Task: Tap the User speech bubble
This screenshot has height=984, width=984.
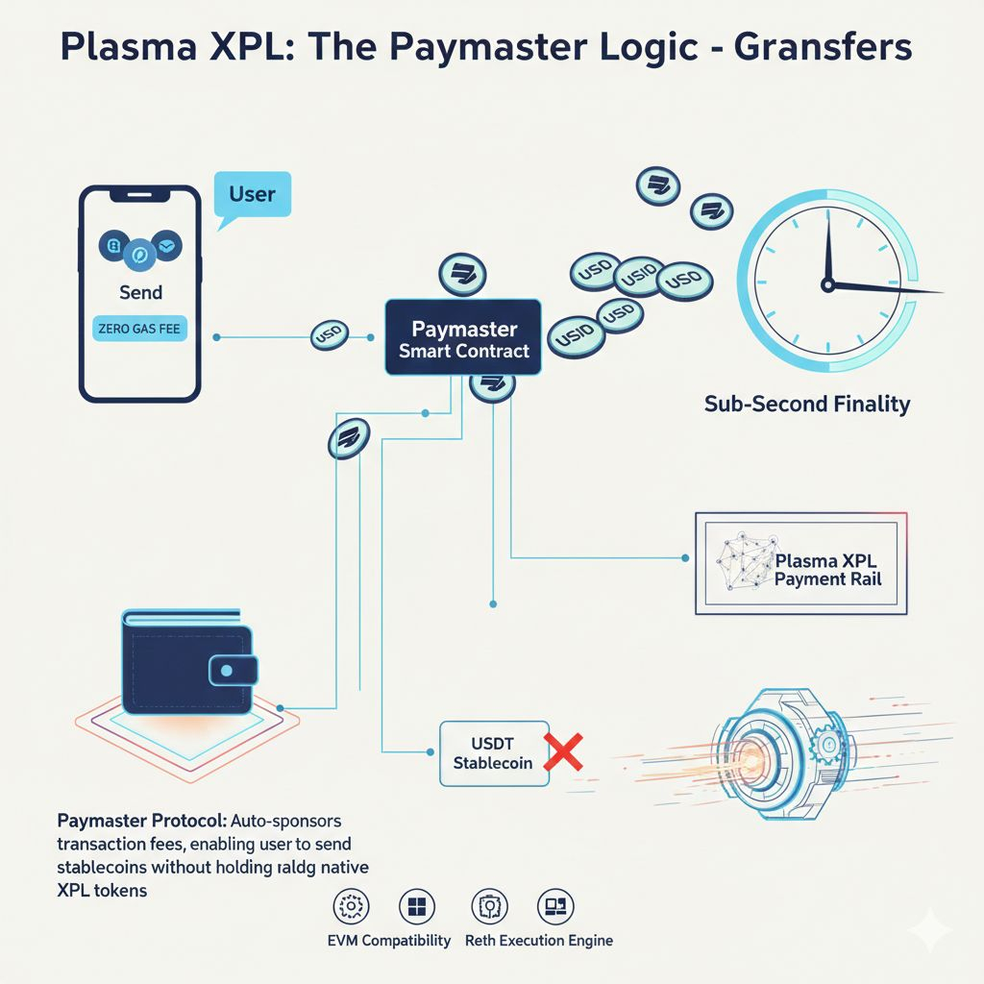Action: [x=252, y=195]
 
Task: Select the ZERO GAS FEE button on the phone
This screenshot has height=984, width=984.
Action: [x=141, y=329]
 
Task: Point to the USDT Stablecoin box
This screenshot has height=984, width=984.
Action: [x=493, y=753]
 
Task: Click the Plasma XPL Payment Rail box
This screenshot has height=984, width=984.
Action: [x=800, y=563]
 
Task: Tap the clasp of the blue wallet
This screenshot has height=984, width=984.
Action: [x=228, y=670]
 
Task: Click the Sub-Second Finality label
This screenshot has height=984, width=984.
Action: [x=806, y=404]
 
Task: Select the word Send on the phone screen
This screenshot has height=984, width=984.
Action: [x=141, y=291]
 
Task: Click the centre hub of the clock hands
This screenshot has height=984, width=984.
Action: [x=826, y=283]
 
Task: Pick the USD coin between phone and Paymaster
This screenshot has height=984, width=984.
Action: [x=328, y=337]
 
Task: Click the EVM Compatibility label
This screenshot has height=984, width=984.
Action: [x=390, y=940]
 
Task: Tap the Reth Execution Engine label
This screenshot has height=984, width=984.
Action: [x=538, y=940]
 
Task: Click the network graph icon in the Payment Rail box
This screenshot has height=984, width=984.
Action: [x=746, y=563]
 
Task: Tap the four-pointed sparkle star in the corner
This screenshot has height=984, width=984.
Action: [x=930, y=930]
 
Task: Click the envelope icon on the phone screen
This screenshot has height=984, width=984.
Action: [x=169, y=248]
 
